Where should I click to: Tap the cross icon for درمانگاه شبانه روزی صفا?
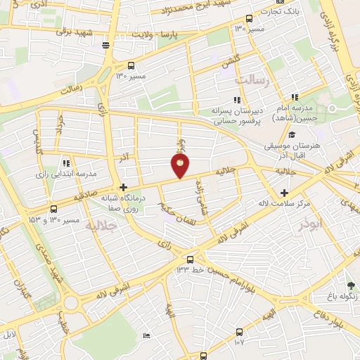pyautogui.click(x=123, y=187)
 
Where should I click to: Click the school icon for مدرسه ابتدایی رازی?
pyautogui.click(x=65, y=162)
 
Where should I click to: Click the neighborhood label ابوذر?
pyautogui.click(x=308, y=225)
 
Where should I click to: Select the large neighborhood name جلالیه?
pyautogui.click(x=100, y=226)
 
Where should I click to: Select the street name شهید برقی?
pyautogui.click(x=75, y=32)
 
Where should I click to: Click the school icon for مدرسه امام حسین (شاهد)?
pyautogui.click(x=295, y=98)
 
